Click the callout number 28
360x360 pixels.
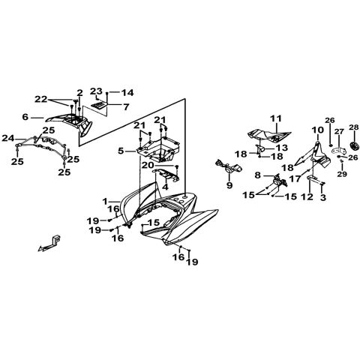pyautogui.click(x=354, y=127)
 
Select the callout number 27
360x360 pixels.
pyautogui.click(x=339, y=132)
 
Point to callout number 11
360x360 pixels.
pyautogui.click(x=276, y=118)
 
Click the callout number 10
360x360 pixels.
pyautogui.click(x=318, y=130)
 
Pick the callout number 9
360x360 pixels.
pyautogui.click(x=229, y=185)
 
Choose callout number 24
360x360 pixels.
pyautogui.click(x=8, y=138)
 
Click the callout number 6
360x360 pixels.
pyautogui.click(x=25, y=117)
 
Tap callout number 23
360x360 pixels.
pyautogui.click(x=96, y=91)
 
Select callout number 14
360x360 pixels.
pyautogui.click(x=127, y=93)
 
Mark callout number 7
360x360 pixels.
pyautogui.click(x=126, y=107)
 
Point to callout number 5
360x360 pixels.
pyautogui.click(x=121, y=151)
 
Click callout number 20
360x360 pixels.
pyautogui.click(x=147, y=165)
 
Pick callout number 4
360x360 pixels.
pyautogui.click(x=166, y=187)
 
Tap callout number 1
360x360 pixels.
pyautogui.click(x=105, y=201)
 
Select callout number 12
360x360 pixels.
pyautogui.click(x=307, y=197)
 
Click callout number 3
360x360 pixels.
pyautogui.click(x=323, y=197)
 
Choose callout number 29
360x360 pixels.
pyautogui.click(x=342, y=174)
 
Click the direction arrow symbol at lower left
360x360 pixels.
pyautogui.click(x=49, y=244)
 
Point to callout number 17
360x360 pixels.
pyautogui.click(x=295, y=178)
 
